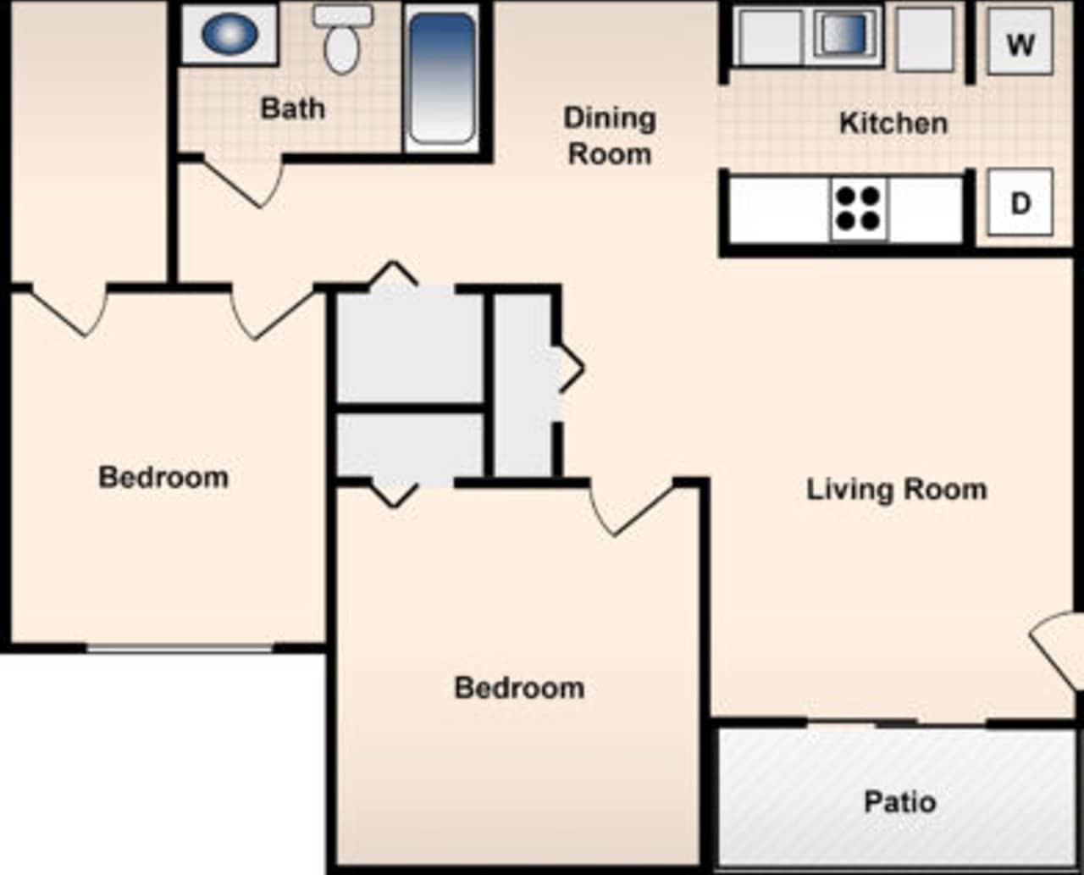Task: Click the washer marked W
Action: [x=1020, y=42]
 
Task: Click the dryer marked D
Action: [x=1020, y=202]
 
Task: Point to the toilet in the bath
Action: [x=342, y=42]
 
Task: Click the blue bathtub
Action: [x=442, y=78]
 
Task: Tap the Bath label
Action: [x=292, y=108]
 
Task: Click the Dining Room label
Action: [x=610, y=136]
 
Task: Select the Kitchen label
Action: [x=893, y=123]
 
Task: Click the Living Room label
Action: [x=896, y=490]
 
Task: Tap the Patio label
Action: [x=899, y=801]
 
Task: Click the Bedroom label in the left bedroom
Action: [x=163, y=477]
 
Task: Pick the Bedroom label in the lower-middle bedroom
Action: [x=519, y=687]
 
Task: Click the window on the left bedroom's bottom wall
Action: [x=180, y=648]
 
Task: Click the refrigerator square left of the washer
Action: [x=925, y=38]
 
